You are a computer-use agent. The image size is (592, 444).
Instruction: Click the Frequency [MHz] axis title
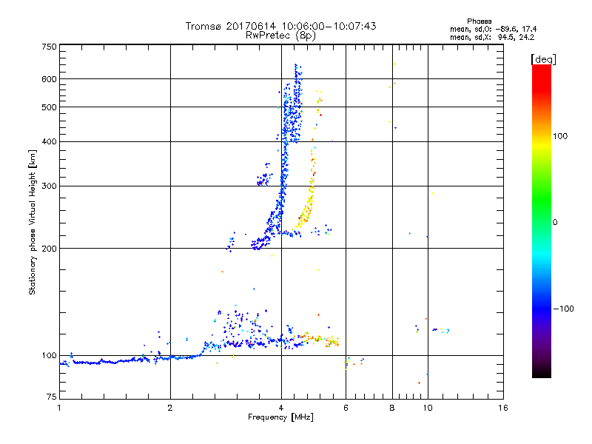pyautogui.click(x=280, y=418)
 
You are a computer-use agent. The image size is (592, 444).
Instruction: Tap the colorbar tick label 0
pyautogui.click(x=554, y=222)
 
